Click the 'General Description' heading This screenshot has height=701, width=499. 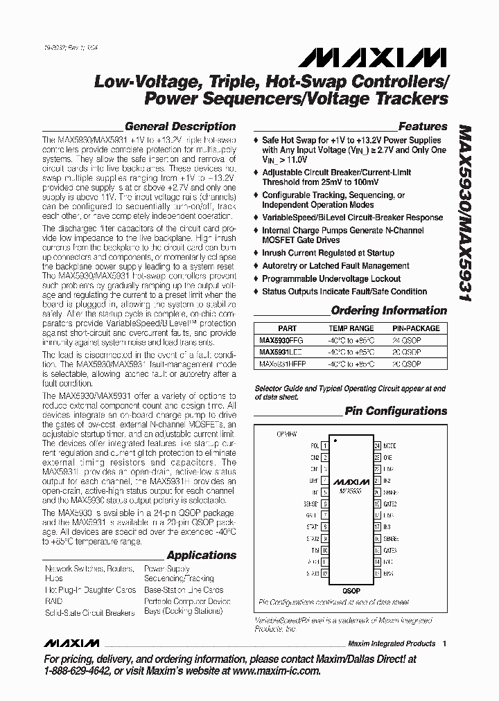click(180, 126)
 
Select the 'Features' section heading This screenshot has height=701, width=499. click(422, 126)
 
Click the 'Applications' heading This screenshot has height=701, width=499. click(201, 555)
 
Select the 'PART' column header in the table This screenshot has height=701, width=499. click(287, 328)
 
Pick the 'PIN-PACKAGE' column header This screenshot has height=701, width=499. click(416, 328)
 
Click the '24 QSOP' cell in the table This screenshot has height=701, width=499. click(416, 340)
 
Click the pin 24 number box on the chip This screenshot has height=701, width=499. click(377, 447)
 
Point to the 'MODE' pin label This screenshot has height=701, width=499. click(389, 447)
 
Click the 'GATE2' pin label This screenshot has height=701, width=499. click(390, 504)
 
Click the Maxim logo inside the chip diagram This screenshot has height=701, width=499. click(350, 481)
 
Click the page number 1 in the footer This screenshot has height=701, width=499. click(444, 643)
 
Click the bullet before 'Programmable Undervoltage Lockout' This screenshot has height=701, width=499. click(256, 278)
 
